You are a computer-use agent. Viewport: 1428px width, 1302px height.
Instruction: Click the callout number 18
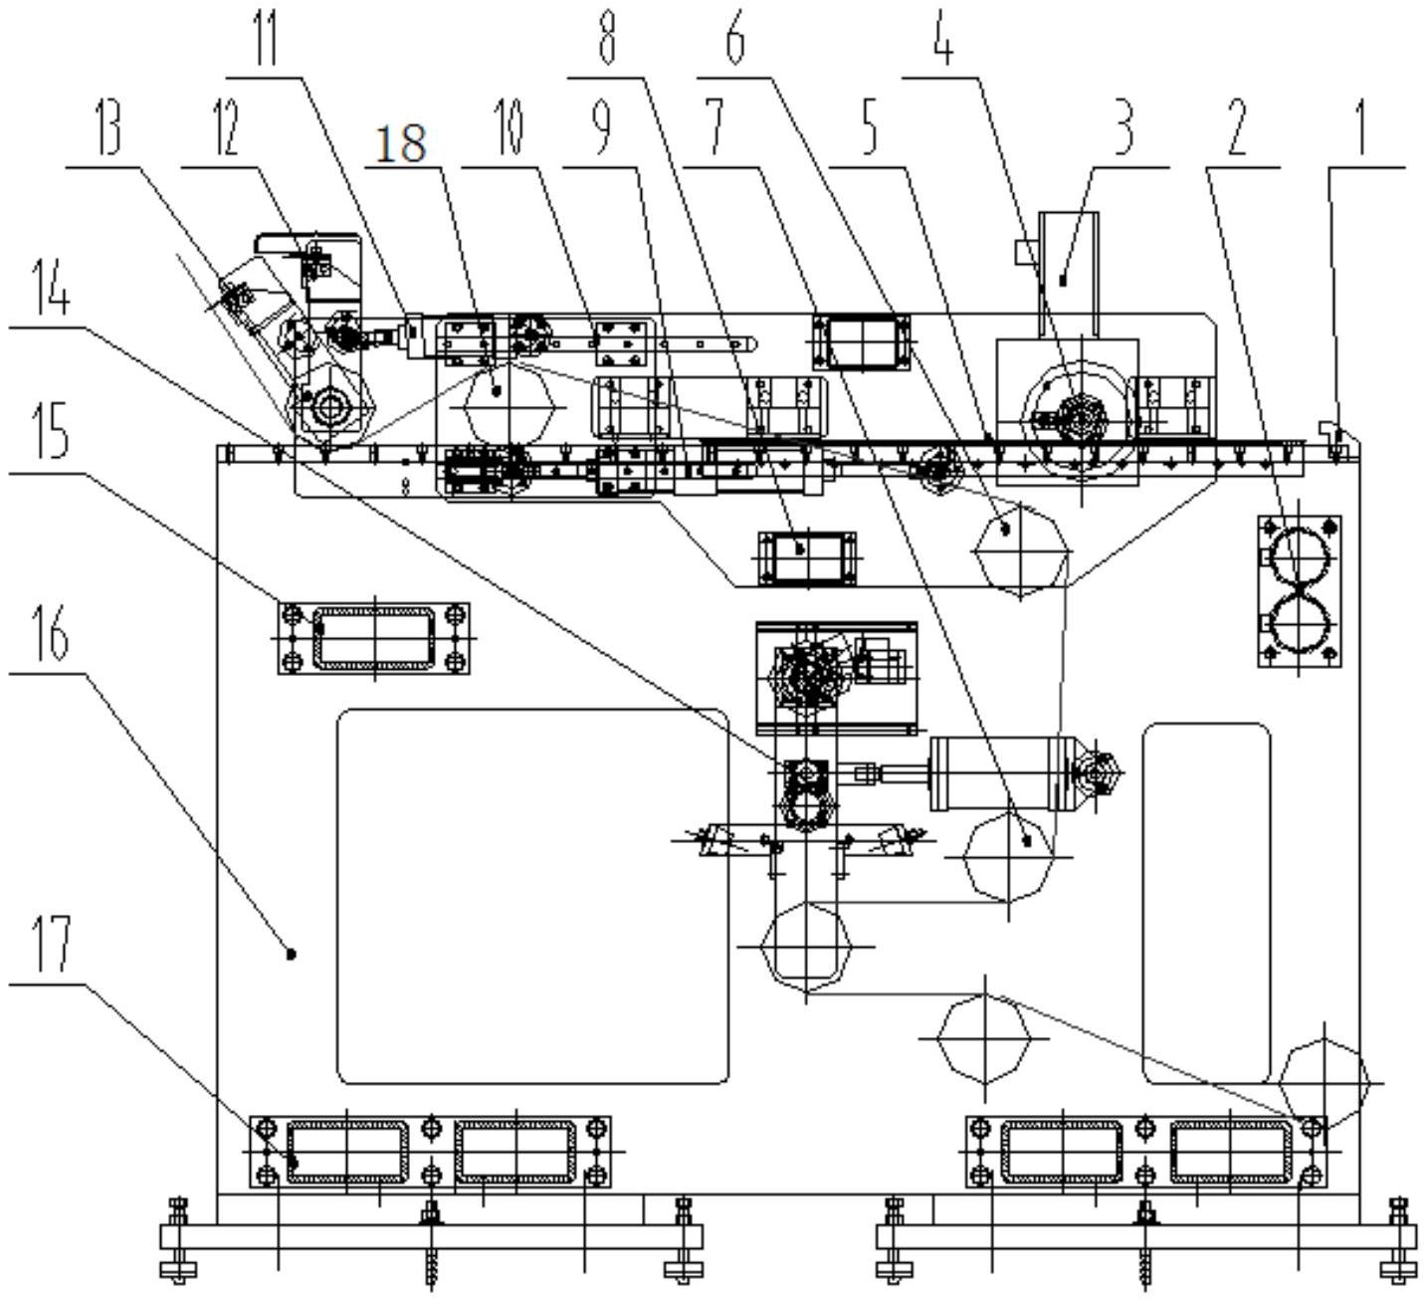click(x=402, y=144)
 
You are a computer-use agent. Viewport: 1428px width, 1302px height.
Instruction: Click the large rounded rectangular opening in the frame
click(x=533, y=896)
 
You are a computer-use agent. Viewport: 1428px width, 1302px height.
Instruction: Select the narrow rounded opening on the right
click(x=1206, y=902)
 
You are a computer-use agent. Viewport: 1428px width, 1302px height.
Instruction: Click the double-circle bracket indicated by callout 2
click(x=1300, y=590)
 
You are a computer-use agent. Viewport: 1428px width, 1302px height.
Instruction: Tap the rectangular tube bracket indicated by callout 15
click(x=373, y=637)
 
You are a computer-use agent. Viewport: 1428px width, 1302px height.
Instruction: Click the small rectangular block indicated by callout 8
click(x=807, y=556)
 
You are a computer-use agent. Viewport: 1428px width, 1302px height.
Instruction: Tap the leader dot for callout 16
click(x=292, y=954)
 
